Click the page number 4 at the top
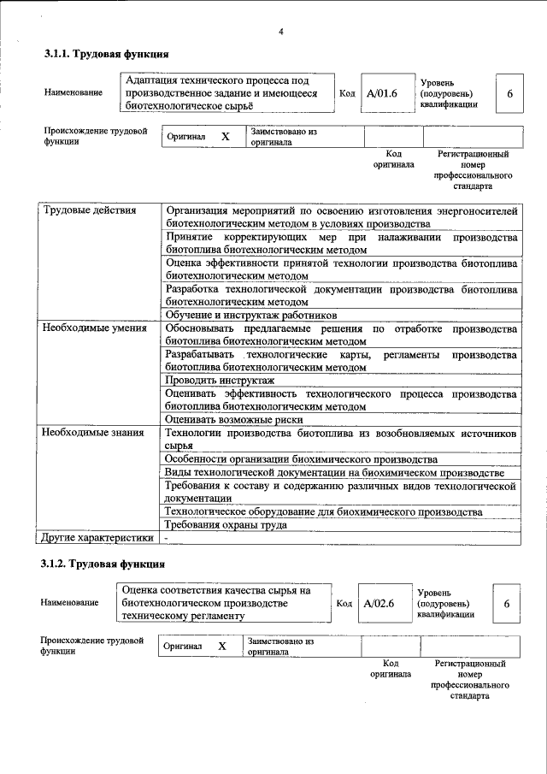[280, 32]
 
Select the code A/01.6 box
[382, 93]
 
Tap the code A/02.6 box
[379, 603]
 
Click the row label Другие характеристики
[97, 537]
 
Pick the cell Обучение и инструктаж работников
[245, 315]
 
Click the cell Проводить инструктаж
[220, 380]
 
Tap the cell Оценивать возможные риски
[232, 420]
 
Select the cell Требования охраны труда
[226, 525]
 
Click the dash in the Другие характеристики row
[168, 537]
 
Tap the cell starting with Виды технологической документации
[333, 473]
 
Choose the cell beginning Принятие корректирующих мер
[341, 243]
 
